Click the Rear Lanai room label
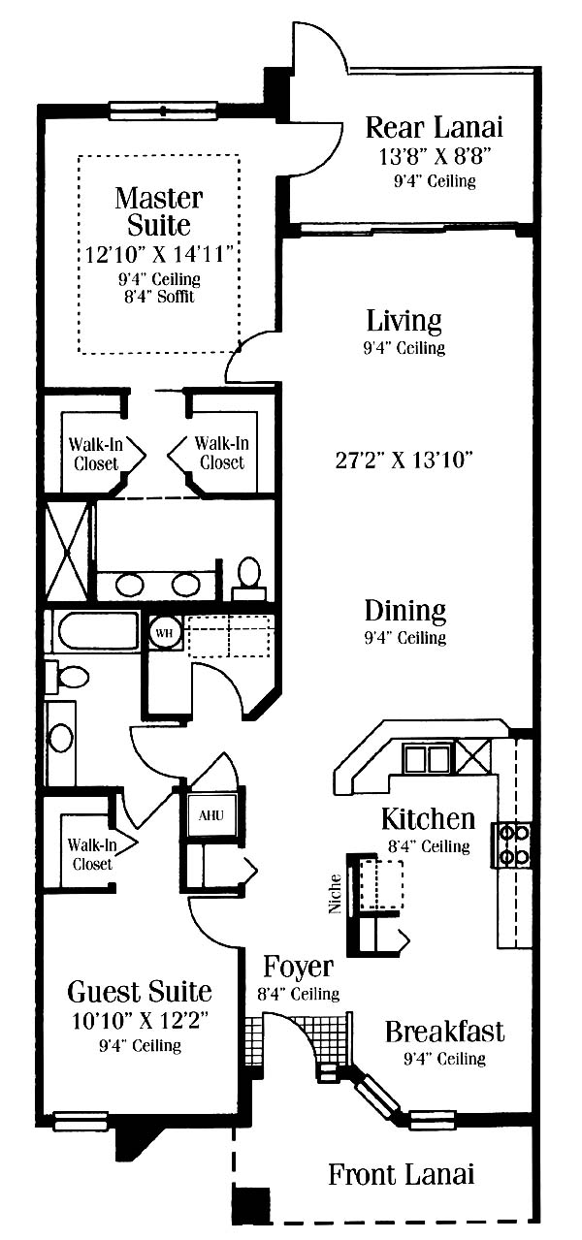(x=435, y=127)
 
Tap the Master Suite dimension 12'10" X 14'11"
(x=159, y=254)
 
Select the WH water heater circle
(x=164, y=633)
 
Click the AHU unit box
(x=210, y=815)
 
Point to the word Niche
(x=335, y=893)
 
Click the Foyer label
(x=298, y=967)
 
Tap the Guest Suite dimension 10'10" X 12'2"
(x=140, y=1020)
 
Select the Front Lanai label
(x=401, y=1175)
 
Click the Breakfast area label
(x=444, y=1032)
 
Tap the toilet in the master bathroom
(x=248, y=578)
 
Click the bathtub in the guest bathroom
(x=94, y=631)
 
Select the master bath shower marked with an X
(x=67, y=552)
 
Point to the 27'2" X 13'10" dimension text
(x=404, y=460)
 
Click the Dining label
(x=405, y=610)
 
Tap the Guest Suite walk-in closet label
(x=92, y=855)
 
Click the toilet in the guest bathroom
(x=68, y=677)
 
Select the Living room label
(x=404, y=321)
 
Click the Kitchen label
(x=428, y=818)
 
